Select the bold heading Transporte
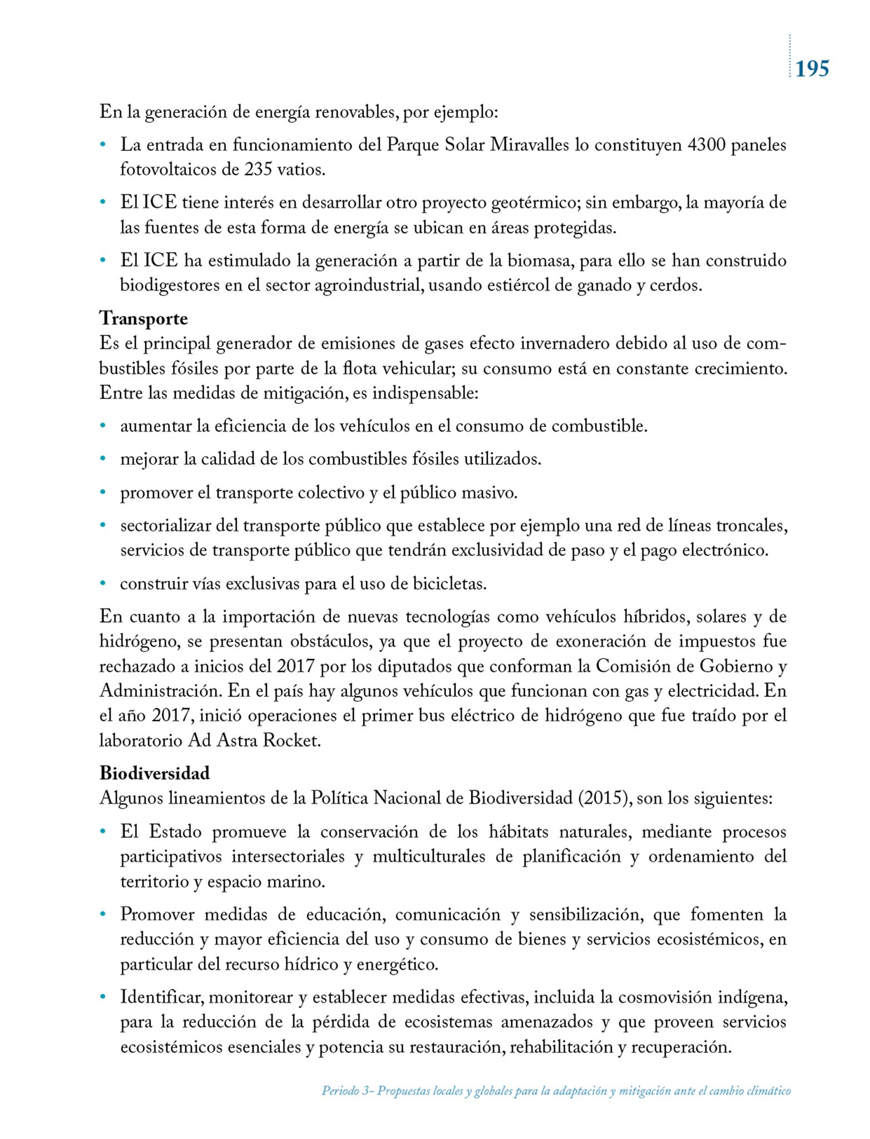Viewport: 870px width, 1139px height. pos(144,319)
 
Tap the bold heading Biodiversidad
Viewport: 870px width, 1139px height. pos(155,773)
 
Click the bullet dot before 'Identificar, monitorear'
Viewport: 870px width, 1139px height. pos(102,997)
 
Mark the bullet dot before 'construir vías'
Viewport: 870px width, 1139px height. pos(102,583)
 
